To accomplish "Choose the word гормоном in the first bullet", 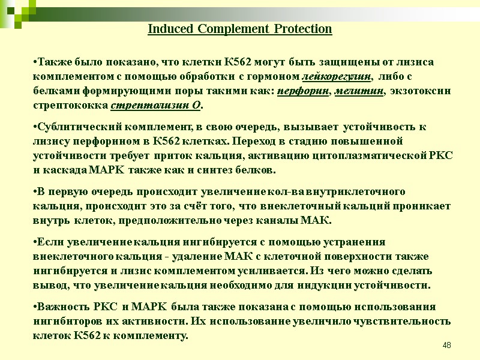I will [277, 77].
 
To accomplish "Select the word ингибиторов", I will [68, 320].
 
